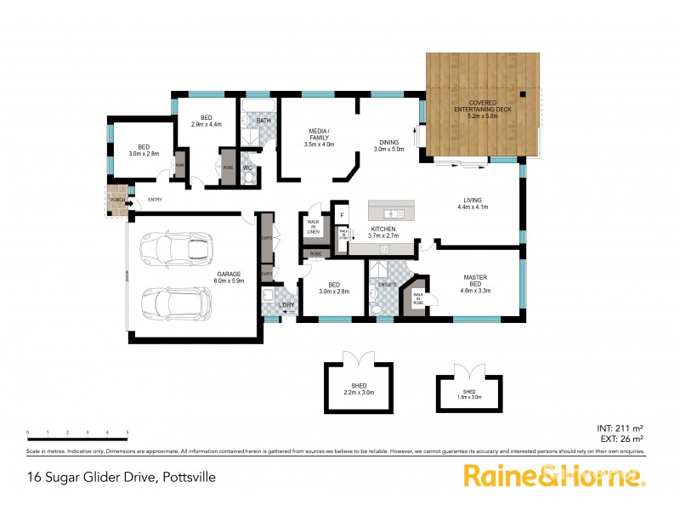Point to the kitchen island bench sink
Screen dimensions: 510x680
[x=391, y=212]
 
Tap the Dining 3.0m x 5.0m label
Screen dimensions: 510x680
[x=391, y=145]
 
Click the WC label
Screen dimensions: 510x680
[x=248, y=168]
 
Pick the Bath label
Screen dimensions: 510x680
[x=263, y=121]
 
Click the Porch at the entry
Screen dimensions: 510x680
[x=116, y=201]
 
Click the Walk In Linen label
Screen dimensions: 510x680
[x=312, y=228]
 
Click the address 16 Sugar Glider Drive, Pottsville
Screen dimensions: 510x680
[x=121, y=477]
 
